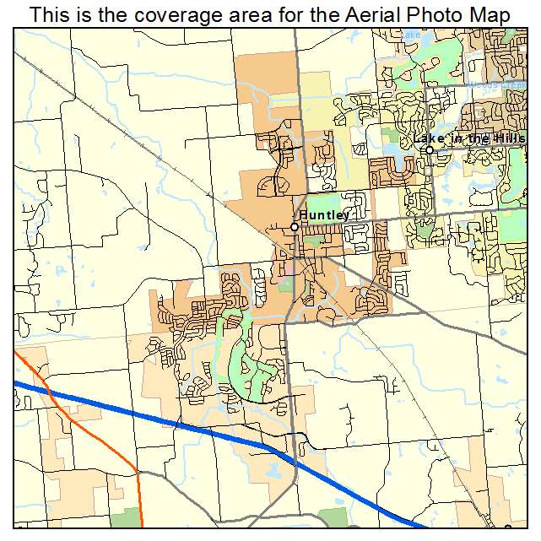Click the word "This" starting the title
49,14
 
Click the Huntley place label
324,215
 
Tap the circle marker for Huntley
295,227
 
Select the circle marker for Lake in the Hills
429,150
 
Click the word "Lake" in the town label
428,138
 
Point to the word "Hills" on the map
509,138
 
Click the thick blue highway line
169,420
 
